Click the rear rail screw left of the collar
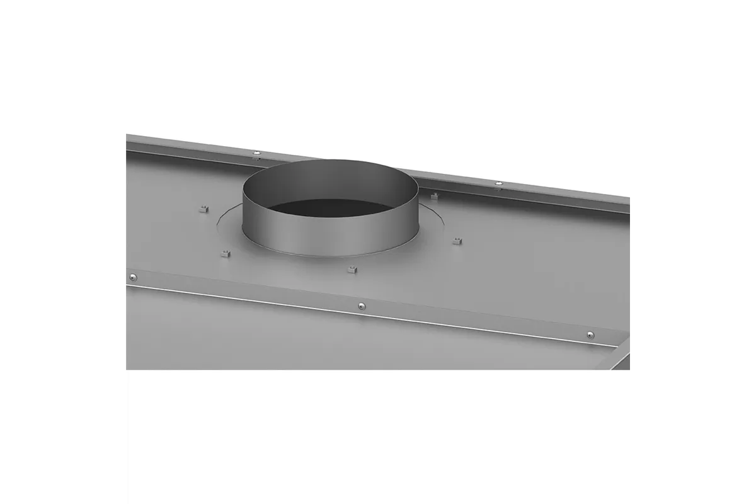point(256,152)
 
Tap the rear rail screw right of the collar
point(498,183)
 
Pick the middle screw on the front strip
point(361,306)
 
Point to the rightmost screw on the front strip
point(590,335)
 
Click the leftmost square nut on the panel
point(203,209)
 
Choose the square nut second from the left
point(226,253)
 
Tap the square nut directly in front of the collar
point(352,270)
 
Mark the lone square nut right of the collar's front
point(457,241)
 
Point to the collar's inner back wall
point(331,180)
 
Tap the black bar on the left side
point(63,252)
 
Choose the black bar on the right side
point(693,252)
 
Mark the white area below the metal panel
point(378,435)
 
